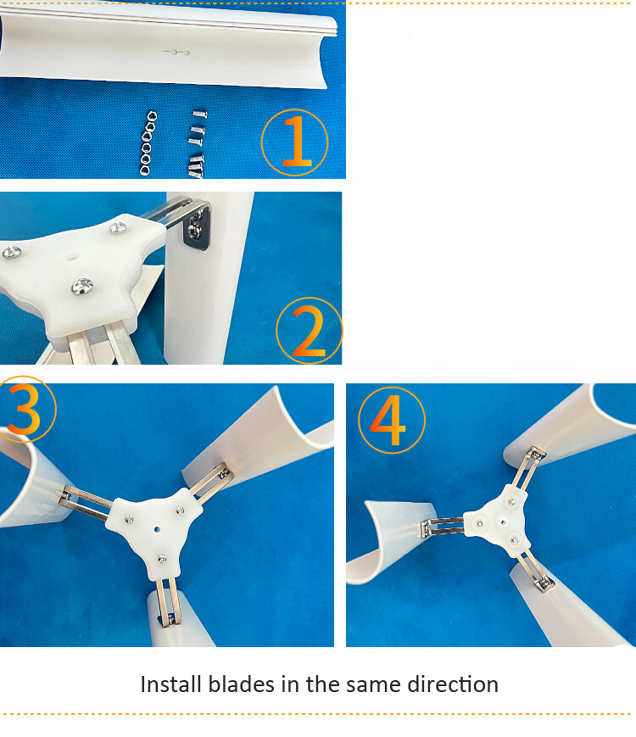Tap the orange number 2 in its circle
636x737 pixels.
coord(310,331)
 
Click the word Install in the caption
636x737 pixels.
coord(171,684)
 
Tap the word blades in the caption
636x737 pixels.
coord(240,684)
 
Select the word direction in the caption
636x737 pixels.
coord(454,684)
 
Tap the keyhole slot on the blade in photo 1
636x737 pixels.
coord(177,53)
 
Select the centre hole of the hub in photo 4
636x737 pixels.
coord(502,522)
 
